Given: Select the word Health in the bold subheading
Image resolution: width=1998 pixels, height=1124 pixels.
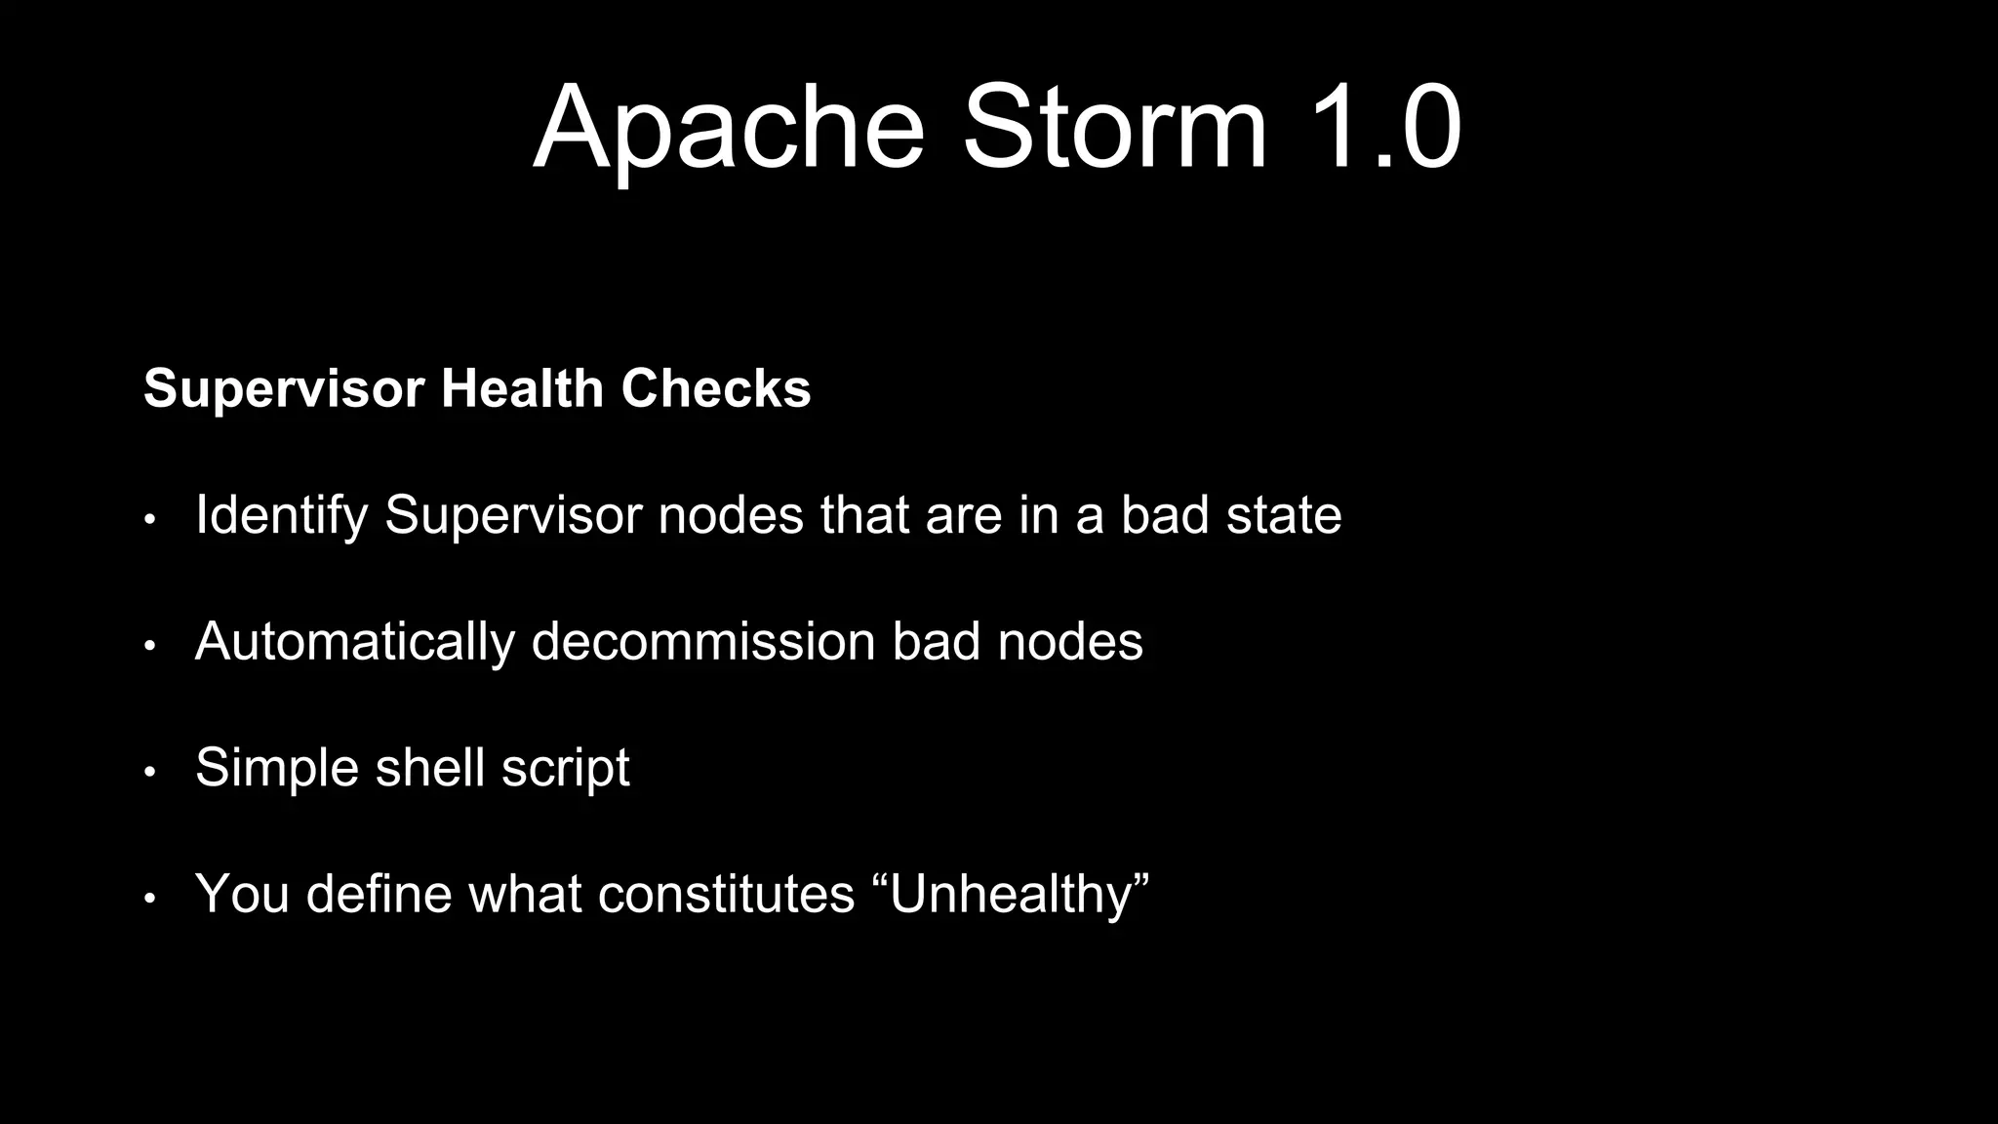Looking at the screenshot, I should click(x=522, y=388).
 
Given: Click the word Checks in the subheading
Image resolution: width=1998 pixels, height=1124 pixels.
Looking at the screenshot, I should click(x=715, y=388).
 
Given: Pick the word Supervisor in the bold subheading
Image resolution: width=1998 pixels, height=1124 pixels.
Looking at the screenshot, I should click(x=283, y=388).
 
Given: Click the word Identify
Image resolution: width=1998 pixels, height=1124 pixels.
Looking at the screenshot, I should click(x=281, y=515).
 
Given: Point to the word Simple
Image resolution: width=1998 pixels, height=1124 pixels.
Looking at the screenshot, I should click(x=277, y=767).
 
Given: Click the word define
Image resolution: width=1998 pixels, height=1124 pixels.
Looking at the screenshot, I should click(x=380, y=894).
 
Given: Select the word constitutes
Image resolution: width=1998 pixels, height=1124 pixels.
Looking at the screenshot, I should click(x=726, y=894).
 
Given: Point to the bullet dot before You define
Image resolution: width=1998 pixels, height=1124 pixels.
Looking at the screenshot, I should click(x=149, y=898).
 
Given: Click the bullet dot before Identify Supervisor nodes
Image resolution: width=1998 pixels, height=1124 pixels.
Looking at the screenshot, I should click(x=149, y=519).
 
